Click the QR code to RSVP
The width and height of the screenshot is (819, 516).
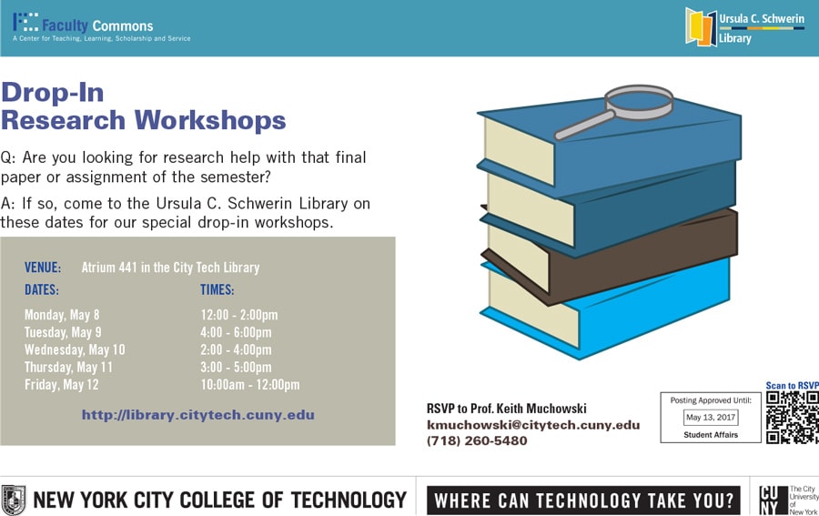coord(792,417)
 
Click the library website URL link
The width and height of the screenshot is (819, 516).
coord(198,415)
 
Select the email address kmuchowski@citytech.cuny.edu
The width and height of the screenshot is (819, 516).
coord(533,425)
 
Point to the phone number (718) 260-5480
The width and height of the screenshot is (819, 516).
coord(477,441)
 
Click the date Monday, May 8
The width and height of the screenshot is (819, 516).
coord(62,315)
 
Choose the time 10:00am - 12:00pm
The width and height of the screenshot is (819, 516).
coord(249,385)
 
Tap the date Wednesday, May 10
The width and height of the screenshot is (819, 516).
coord(75,349)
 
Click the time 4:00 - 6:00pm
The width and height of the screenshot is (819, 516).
coord(236,332)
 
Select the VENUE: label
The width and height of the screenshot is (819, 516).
coord(43,268)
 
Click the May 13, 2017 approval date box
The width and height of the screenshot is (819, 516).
coord(711,418)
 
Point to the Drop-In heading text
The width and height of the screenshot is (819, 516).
coord(53,92)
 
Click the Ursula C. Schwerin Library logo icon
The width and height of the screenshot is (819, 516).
coord(701,26)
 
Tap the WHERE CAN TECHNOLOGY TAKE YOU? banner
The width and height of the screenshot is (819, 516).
coord(583,500)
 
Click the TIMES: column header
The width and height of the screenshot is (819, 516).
coord(217,290)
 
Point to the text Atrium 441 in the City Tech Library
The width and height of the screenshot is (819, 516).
coord(170,268)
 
